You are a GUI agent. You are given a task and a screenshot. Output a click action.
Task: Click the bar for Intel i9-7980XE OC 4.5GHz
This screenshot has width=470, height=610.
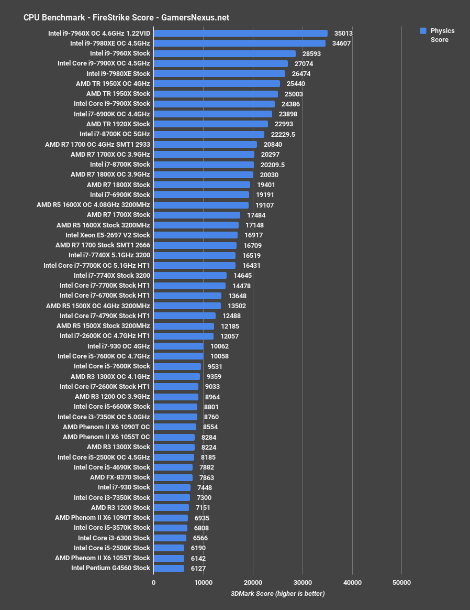239,43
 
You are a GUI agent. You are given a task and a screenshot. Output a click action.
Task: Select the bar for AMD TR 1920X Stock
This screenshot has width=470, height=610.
210,124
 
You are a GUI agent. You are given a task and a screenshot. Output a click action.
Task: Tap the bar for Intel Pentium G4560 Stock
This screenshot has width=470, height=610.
169,568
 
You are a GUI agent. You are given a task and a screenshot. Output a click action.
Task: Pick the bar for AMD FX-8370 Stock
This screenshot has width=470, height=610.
173,477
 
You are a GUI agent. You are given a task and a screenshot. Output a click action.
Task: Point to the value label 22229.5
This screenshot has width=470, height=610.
283,134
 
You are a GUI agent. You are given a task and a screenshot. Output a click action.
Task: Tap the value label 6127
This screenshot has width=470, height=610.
199,568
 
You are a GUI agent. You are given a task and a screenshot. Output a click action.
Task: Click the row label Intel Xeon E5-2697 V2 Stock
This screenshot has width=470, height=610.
108,235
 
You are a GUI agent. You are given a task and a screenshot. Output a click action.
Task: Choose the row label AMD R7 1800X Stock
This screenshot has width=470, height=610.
118,184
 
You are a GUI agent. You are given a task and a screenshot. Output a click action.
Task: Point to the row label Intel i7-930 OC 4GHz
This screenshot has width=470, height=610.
119,346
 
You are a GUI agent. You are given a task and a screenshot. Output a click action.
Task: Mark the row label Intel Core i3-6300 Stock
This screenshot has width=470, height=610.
114,538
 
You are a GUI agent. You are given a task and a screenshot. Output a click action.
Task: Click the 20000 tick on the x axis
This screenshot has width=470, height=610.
253,583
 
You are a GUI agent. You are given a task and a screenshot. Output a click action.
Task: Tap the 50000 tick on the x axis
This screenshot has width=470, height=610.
401,583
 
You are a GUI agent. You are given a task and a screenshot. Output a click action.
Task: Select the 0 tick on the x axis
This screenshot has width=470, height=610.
154,583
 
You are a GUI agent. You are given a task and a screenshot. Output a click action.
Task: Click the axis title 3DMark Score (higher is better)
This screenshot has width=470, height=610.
277,593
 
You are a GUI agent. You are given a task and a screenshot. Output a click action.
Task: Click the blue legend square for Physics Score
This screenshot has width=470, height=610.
423,31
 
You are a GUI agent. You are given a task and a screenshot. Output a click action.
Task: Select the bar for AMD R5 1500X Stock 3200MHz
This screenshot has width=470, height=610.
184,326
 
